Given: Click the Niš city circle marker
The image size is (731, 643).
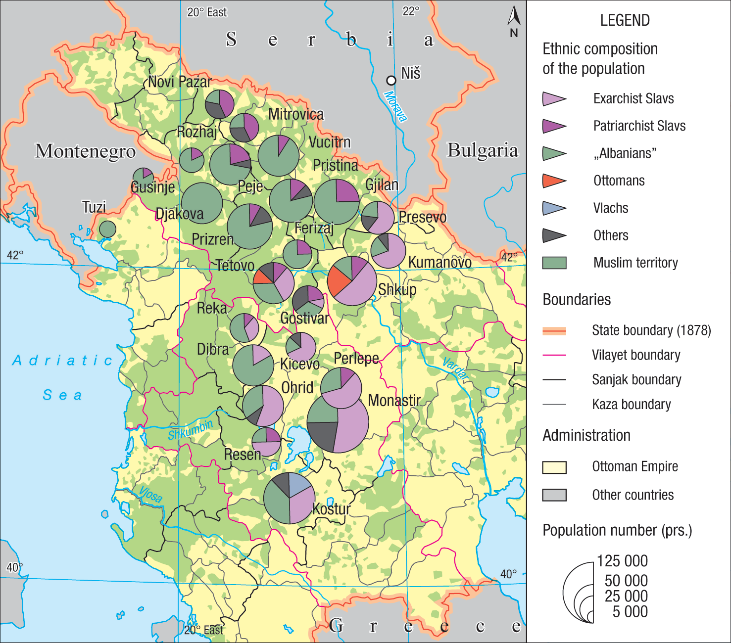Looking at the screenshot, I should pyautogui.click(x=391, y=80).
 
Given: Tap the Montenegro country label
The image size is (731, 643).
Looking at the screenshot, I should pyautogui.click(x=85, y=151).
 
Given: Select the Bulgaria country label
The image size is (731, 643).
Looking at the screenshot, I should pyautogui.click(x=483, y=150).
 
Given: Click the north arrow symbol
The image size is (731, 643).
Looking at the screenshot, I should pyautogui.click(x=514, y=19).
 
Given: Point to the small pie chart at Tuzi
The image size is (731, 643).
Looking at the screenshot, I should pyautogui.click(x=107, y=229).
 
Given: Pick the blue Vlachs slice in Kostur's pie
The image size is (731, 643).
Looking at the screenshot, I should pyautogui.click(x=299, y=484).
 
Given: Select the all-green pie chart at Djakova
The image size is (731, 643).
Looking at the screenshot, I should pyautogui.click(x=202, y=203).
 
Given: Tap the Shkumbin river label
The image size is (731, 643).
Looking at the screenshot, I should pyautogui.click(x=190, y=429).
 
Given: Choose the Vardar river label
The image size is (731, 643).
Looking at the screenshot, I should pyautogui.click(x=455, y=368).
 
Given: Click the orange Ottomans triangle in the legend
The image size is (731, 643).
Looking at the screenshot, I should pyautogui.click(x=553, y=181).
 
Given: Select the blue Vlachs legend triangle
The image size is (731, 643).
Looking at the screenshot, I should pyautogui.click(x=553, y=208).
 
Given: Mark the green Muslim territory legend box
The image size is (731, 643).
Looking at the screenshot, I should pyautogui.click(x=554, y=263).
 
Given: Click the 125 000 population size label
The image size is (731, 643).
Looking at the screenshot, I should pyautogui.click(x=622, y=561).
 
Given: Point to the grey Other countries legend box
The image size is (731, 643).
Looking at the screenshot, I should pyautogui.click(x=554, y=495).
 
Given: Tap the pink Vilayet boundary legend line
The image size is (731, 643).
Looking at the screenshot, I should pyautogui.click(x=554, y=355).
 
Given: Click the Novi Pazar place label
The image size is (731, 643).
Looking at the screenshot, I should pyautogui.click(x=180, y=82).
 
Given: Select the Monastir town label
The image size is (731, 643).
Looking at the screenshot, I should pyautogui.click(x=394, y=400).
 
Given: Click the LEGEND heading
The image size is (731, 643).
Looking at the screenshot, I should pyautogui.click(x=625, y=20).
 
